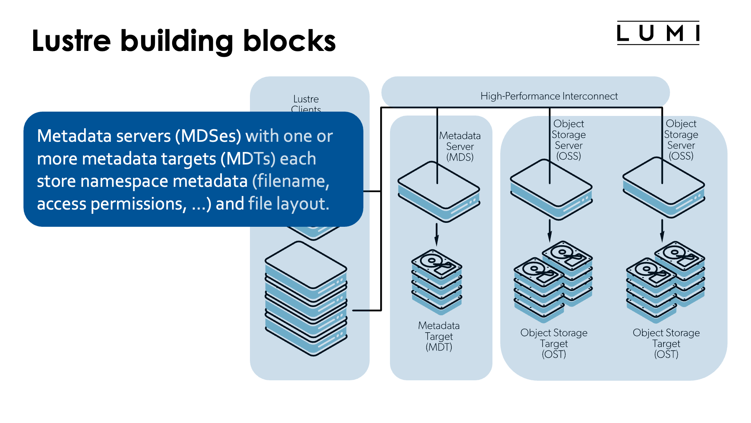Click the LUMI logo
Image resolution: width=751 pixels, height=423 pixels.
(658, 33)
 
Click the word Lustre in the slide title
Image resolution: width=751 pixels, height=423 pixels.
(71, 41)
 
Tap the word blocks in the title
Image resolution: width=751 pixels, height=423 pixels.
(289, 41)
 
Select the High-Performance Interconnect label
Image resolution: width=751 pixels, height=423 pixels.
(549, 96)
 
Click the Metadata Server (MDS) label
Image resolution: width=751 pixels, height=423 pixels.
(460, 146)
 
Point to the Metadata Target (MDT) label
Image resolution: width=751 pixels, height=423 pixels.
(439, 336)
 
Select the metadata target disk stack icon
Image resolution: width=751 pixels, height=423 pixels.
(437, 282)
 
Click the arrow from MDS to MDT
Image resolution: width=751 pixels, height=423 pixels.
(437, 234)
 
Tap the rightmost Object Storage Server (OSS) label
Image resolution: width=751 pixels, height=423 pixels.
(681, 140)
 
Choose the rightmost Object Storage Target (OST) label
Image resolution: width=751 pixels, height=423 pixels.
(666, 343)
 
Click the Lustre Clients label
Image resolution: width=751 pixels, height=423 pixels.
(306, 103)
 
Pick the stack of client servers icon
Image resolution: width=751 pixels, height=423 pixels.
(306, 300)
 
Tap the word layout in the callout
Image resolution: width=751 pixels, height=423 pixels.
(302, 204)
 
